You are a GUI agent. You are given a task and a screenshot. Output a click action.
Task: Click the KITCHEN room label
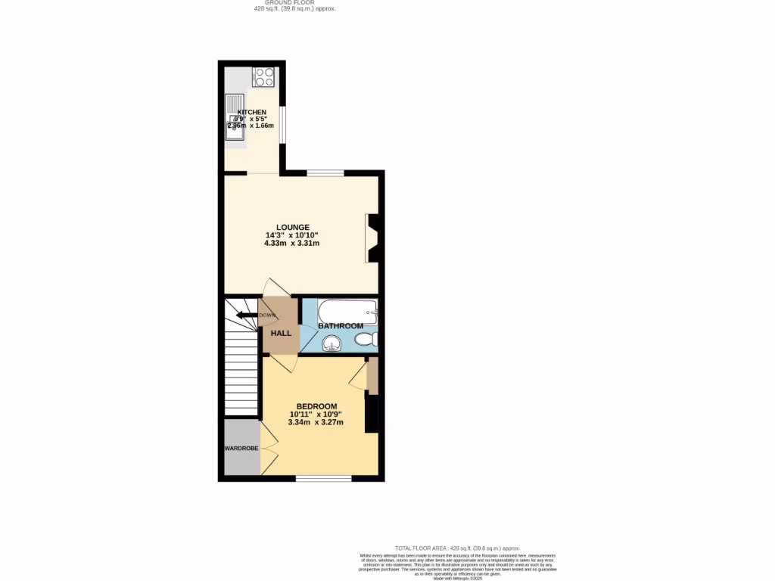(x=251, y=112)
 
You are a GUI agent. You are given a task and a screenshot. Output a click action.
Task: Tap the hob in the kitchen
(x=263, y=76)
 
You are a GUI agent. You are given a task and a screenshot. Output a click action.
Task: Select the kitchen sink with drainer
(x=234, y=117)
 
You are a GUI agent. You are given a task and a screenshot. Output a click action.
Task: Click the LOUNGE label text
(x=292, y=227)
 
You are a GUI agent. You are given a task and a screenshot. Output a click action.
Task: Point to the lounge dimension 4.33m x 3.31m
(x=291, y=244)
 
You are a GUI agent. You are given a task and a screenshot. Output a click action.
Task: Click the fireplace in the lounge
(x=372, y=238)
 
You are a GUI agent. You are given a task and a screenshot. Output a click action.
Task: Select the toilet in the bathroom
(x=365, y=340)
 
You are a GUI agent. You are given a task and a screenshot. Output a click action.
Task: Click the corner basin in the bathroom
(x=330, y=345)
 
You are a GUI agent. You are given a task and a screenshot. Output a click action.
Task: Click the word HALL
(x=282, y=333)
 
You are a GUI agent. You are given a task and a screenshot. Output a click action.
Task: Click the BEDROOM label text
(x=316, y=406)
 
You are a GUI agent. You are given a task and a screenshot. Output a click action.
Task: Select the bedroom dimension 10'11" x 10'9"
(x=316, y=415)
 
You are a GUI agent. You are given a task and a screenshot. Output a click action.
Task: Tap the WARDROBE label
(x=241, y=449)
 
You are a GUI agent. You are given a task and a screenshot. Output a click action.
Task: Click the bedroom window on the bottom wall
(x=323, y=478)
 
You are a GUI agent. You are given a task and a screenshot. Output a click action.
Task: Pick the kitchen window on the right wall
(x=282, y=123)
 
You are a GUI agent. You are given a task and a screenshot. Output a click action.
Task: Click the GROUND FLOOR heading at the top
(x=294, y=2)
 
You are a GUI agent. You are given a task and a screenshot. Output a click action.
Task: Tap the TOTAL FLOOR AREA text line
(x=457, y=548)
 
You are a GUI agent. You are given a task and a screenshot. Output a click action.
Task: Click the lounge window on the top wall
(x=325, y=172)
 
